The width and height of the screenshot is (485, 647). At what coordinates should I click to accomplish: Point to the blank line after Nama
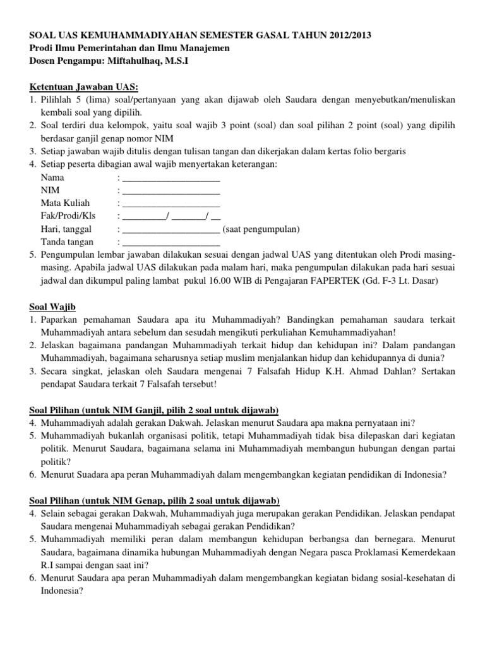point(171,178)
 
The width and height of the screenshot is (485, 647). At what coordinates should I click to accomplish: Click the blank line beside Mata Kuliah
point(171,203)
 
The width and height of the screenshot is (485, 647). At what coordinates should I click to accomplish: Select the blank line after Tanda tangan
point(171,241)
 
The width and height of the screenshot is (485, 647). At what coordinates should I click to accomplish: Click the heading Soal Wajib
point(52,306)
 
